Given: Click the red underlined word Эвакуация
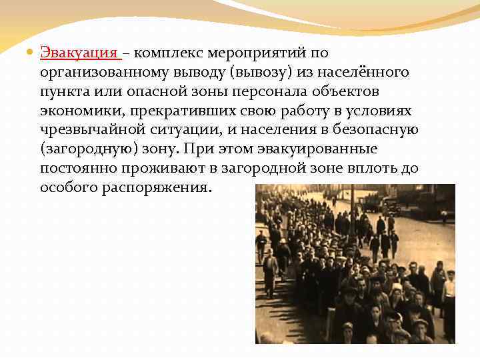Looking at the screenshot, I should tap(79, 53).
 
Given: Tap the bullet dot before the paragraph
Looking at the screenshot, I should tap(29, 53).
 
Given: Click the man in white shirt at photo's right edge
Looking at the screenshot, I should tap(449, 290).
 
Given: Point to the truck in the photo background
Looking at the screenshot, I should tap(388, 203).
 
